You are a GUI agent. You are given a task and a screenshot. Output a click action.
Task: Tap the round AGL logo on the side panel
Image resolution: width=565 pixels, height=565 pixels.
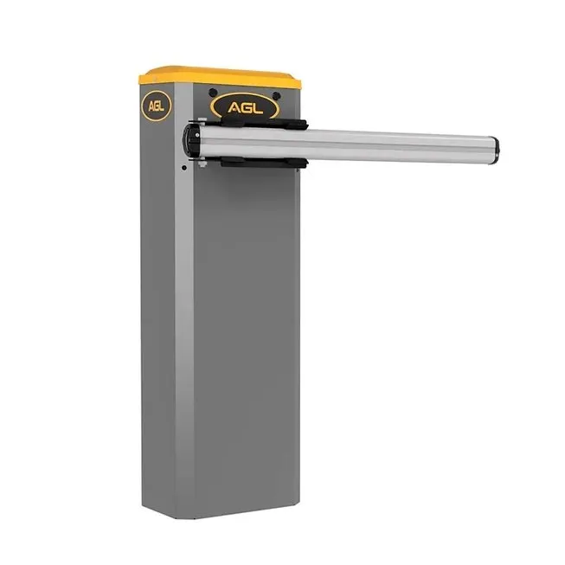(157, 106)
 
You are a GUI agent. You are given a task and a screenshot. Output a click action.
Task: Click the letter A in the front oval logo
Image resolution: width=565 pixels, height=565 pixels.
(234, 108)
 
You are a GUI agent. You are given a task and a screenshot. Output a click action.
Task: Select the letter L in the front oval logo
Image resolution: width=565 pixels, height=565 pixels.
(258, 108)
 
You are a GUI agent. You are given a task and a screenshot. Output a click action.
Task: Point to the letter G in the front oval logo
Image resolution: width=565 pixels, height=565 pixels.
(247, 108)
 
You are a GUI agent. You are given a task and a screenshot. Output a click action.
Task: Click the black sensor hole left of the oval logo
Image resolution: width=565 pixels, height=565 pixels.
(214, 93)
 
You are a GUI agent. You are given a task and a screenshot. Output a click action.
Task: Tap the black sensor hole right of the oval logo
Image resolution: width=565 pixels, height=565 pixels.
(276, 96)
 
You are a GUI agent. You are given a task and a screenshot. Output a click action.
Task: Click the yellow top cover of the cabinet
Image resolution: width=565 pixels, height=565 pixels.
(220, 77)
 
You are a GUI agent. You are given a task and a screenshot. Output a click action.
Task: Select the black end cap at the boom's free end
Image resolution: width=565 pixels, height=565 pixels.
(496, 151)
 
